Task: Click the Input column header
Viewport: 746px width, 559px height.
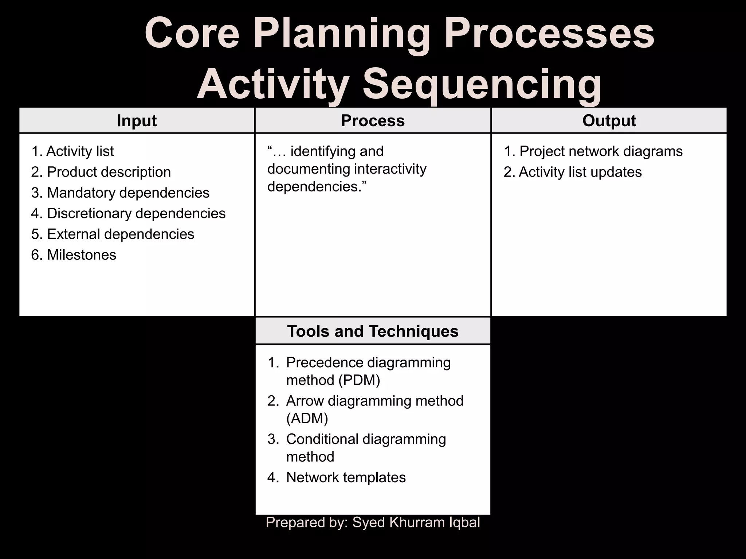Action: (137, 120)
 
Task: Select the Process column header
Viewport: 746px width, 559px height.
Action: (373, 120)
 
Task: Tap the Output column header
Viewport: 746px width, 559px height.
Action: (609, 120)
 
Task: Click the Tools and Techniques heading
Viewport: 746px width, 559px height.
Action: (373, 331)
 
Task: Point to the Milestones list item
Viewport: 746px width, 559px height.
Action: (81, 255)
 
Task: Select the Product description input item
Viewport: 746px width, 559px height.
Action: (109, 172)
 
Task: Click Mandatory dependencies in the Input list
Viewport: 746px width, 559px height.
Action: (128, 193)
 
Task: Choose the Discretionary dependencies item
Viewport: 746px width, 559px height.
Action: (136, 213)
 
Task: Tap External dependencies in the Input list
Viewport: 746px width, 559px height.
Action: (120, 234)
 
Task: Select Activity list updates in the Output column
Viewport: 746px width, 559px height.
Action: (580, 172)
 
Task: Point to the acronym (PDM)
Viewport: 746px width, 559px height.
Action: (359, 380)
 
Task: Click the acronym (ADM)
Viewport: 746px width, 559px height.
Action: (307, 418)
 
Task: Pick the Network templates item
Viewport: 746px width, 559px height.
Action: (346, 477)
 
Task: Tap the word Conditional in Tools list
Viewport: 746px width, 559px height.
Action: (321, 439)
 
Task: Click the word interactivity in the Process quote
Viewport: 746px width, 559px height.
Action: (390, 169)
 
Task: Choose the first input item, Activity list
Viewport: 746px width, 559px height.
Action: (80, 151)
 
